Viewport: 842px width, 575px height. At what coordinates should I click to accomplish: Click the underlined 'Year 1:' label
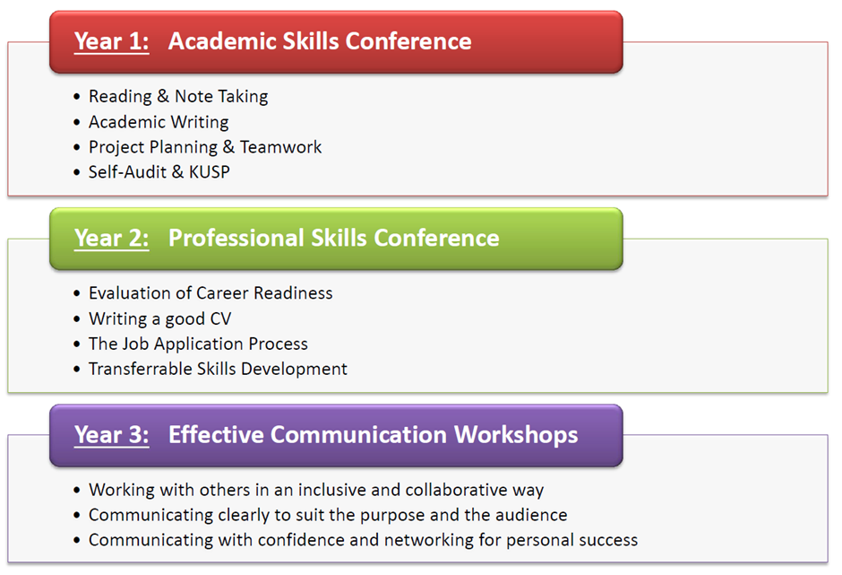click(112, 42)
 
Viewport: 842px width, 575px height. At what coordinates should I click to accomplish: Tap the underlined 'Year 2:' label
click(112, 239)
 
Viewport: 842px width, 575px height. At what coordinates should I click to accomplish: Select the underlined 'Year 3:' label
click(112, 435)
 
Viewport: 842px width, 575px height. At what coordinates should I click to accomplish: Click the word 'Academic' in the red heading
click(222, 41)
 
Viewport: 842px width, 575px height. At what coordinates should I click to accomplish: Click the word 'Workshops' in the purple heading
click(516, 435)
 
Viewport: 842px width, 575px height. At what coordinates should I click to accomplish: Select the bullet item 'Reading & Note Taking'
click(178, 96)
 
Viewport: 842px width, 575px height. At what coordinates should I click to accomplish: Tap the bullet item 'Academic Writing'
click(159, 122)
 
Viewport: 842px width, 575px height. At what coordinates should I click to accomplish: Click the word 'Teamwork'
click(281, 147)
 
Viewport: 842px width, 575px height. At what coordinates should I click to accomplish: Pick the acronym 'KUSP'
click(210, 171)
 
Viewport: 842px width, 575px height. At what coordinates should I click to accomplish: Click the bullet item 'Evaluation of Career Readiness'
click(210, 293)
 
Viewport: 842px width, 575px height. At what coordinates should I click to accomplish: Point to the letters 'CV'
click(220, 318)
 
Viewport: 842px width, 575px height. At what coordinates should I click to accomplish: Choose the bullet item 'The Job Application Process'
click(198, 344)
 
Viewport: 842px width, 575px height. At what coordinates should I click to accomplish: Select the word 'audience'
click(531, 515)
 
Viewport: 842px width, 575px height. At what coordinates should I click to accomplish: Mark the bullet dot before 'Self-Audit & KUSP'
click(77, 172)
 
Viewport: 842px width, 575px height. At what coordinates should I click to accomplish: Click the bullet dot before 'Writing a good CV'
click(77, 319)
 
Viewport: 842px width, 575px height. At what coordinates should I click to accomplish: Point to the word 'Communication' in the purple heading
click(358, 434)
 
